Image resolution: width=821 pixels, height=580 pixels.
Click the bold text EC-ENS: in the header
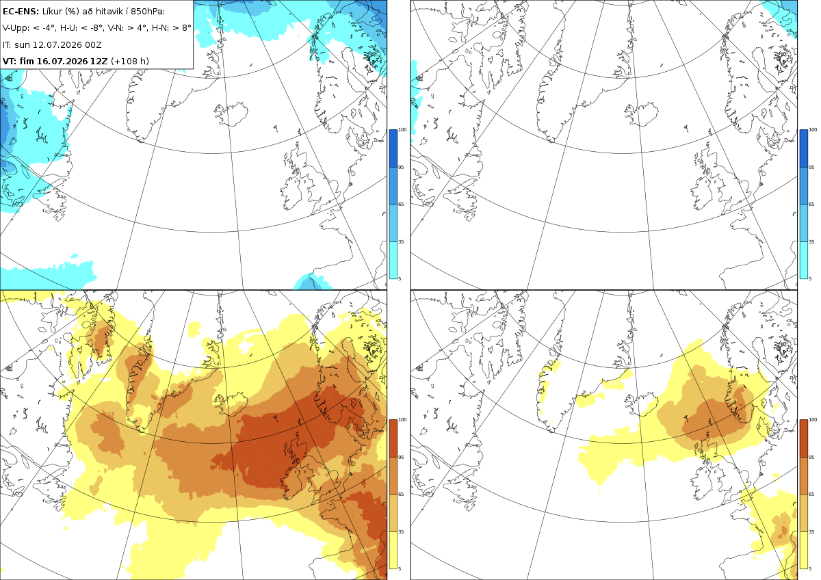click(x=21, y=12)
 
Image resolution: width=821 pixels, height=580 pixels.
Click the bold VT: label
click(x=10, y=61)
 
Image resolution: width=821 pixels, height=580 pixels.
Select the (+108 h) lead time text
click(x=130, y=61)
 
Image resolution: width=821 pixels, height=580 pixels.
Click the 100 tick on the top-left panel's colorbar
click(x=402, y=130)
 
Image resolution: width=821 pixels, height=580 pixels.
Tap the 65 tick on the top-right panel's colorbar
click(x=811, y=204)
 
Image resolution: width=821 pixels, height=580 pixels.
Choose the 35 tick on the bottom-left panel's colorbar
click(x=401, y=531)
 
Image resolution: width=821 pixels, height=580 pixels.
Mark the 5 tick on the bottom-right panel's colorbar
click(x=810, y=568)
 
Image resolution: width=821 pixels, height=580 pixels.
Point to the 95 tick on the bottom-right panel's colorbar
click(x=811, y=458)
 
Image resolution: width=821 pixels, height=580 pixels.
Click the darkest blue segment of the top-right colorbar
click(x=803, y=148)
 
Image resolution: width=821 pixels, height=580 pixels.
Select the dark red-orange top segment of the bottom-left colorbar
click(x=393, y=438)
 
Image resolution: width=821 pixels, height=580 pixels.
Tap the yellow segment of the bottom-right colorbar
click(x=803, y=550)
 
